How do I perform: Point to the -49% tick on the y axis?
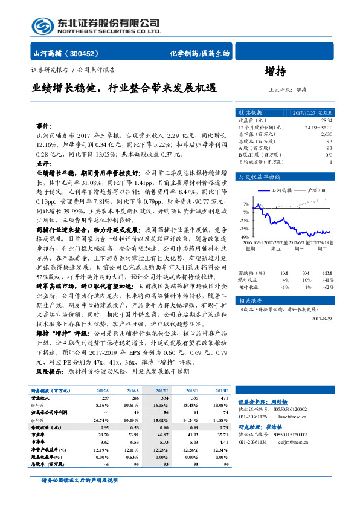[x=245, y=237]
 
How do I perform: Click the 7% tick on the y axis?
[x=246, y=204]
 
